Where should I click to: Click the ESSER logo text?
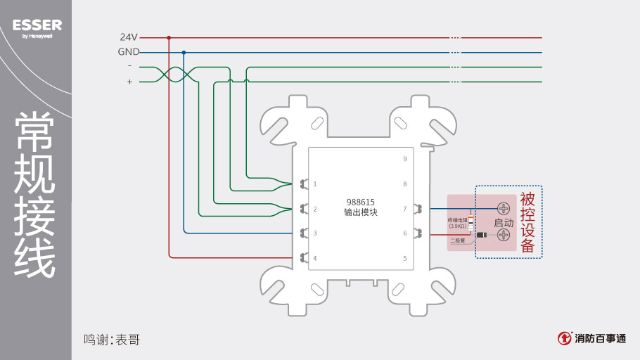(x=37, y=25)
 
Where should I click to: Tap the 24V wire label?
(x=128, y=37)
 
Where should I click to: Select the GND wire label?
(x=128, y=52)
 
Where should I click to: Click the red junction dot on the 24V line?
(x=169, y=37)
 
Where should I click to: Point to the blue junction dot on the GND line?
(x=184, y=52)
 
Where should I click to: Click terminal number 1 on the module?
(x=315, y=184)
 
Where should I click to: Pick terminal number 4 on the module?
(x=315, y=258)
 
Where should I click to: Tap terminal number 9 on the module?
(x=405, y=159)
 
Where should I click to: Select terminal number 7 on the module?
(x=405, y=209)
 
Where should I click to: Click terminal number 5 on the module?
(x=405, y=258)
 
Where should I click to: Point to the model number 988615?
(x=360, y=202)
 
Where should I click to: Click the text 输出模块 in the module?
(x=360, y=212)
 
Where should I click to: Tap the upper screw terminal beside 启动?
(x=504, y=209)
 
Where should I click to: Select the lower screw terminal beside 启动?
(x=504, y=235)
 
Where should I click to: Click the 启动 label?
(x=504, y=222)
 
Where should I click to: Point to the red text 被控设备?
(x=527, y=222)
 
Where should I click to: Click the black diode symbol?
(x=482, y=234)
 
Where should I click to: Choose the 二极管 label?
(x=457, y=240)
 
